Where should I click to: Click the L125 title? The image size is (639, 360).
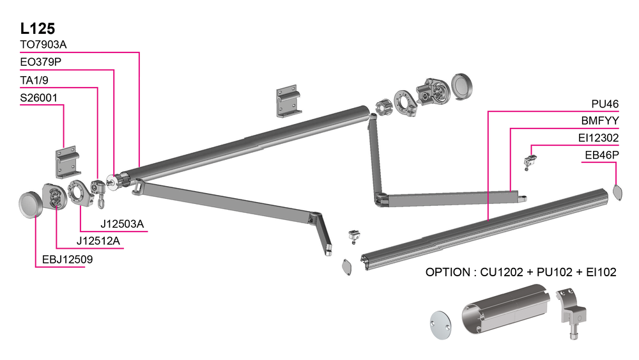tap(38, 28)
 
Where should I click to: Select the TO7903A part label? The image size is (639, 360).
tap(43, 45)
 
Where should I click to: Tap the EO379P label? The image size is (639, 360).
tap(40, 62)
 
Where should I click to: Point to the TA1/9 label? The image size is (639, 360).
tap(35, 80)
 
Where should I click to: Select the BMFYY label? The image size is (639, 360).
tap(600, 120)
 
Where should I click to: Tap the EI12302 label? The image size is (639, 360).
tap(598, 137)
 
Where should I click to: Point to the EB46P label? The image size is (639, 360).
tap(602, 155)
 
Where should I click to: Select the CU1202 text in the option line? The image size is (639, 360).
tap(500, 272)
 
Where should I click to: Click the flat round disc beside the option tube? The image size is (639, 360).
tap(439, 324)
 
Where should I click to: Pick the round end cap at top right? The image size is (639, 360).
tap(464, 86)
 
